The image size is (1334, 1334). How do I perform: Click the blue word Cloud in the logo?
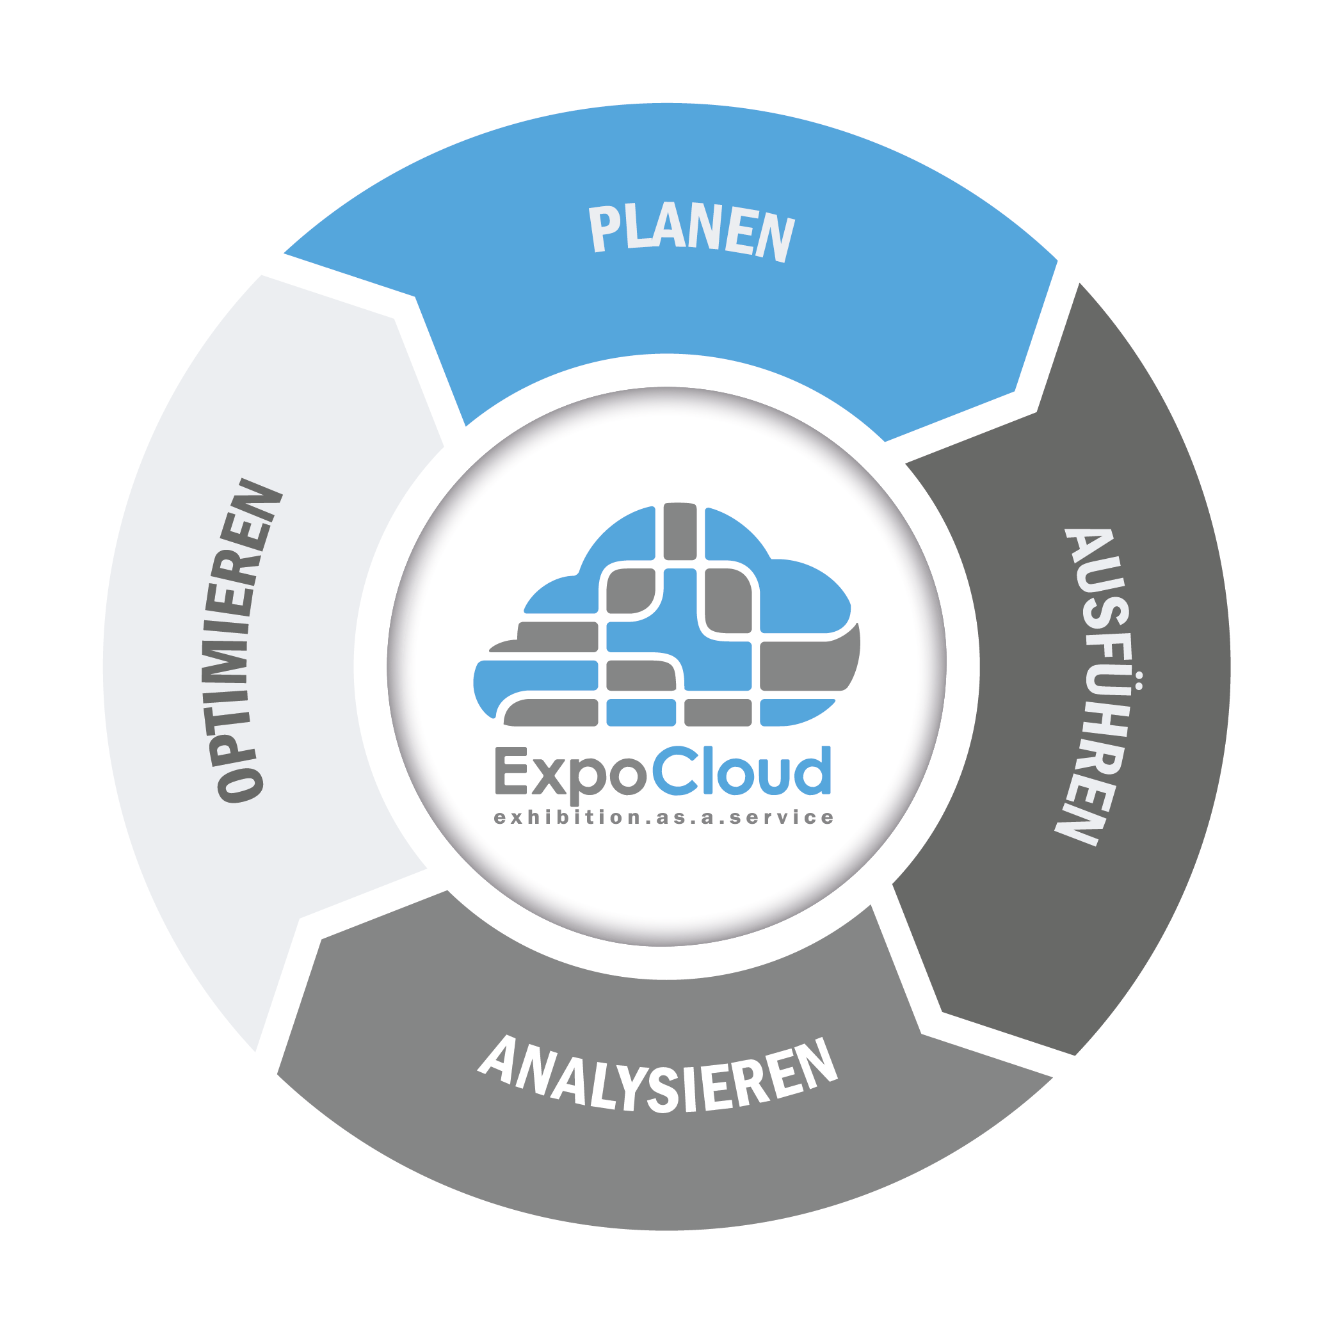(x=741, y=770)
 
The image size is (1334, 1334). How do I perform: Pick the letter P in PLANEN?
(x=602, y=229)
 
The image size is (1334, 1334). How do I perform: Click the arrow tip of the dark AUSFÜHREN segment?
(x=942, y=1013)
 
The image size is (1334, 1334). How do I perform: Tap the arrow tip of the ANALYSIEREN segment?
(x=322, y=939)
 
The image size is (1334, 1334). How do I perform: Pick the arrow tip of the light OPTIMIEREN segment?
(x=394, y=318)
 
